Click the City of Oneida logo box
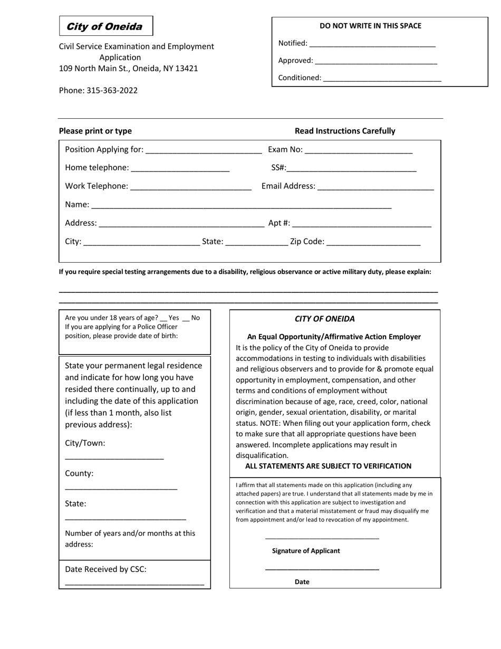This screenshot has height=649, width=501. pos(105,26)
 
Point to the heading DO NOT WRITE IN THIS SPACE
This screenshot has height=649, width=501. pos(370,26)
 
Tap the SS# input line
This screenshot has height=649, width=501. pos(351,169)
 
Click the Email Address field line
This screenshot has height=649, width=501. pos(375,187)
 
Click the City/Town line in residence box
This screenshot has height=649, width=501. pos(114,457)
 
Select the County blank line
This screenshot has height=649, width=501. pos(121,488)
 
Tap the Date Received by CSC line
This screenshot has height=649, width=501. pos(134,584)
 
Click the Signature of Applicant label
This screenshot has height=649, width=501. pos(306,551)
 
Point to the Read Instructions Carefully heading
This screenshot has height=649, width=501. pos(345,131)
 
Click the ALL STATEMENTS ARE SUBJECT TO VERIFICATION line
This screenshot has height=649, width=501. pos(328,466)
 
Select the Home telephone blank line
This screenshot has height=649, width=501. pos(180,169)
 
